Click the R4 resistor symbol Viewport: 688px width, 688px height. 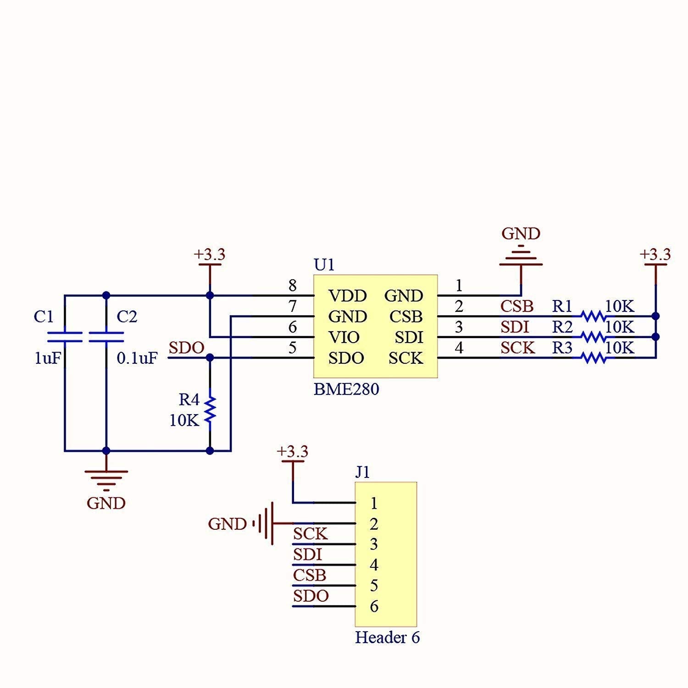tap(210, 410)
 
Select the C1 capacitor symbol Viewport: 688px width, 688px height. tap(65, 337)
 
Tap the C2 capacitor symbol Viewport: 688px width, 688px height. tap(106, 337)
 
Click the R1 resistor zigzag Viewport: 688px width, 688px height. tap(593, 316)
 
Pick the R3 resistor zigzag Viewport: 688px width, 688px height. tap(593, 357)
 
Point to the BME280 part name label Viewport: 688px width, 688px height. tap(346, 389)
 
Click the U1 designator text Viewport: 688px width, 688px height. tap(324, 265)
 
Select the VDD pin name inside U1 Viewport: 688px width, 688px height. tap(348, 296)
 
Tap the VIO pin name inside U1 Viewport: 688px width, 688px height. tap(344, 338)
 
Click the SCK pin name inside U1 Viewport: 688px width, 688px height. tap(405, 358)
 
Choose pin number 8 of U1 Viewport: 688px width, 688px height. tap(293, 286)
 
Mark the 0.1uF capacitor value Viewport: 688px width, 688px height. tap(137, 358)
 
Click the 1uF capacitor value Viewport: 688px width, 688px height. tap(47, 358)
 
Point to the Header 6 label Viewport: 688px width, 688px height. tap(387, 638)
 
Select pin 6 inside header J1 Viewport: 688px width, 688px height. tap(374, 606)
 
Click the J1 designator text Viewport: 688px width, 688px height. tap(362, 472)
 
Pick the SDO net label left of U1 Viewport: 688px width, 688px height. tap(186, 348)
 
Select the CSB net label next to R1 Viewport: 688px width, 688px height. tap(516, 306)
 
